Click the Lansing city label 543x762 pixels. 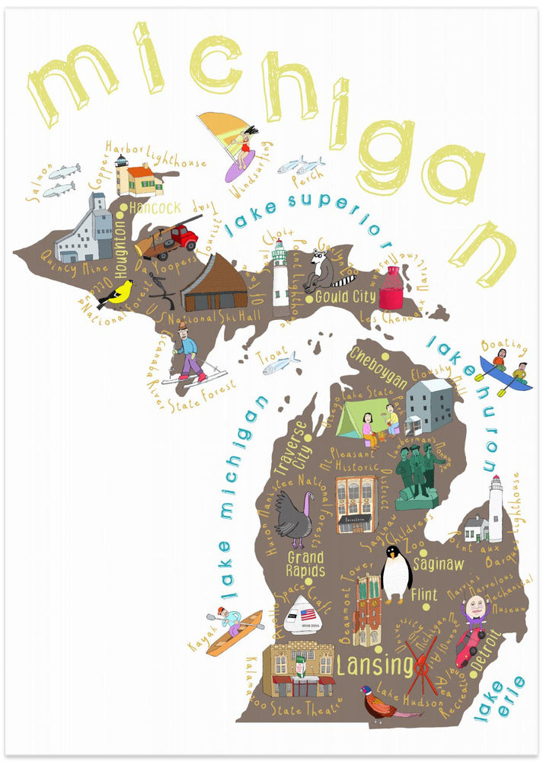374,665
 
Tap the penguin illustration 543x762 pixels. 395,573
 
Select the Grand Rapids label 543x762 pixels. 305,565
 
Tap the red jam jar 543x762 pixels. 391,288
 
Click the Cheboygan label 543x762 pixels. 379,363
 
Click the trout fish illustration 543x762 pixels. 280,364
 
